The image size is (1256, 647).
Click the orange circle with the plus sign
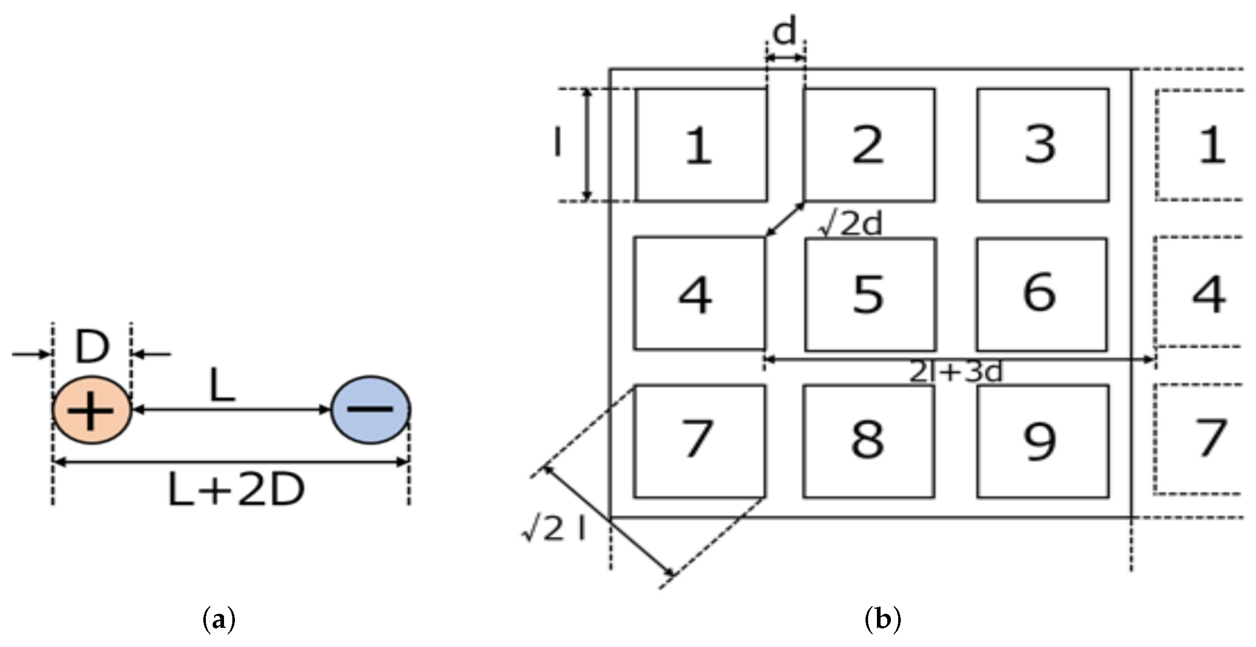(92, 410)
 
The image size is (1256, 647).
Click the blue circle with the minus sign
(371, 410)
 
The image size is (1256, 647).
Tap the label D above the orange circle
(92, 346)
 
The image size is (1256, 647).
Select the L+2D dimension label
(236, 490)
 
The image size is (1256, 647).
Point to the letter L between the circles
(222, 386)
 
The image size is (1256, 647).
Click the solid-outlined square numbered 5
(871, 294)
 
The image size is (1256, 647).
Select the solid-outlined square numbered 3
(1043, 145)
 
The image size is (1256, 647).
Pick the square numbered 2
(870, 145)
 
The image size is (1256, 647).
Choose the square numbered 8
(869, 441)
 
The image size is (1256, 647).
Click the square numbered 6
(1042, 294)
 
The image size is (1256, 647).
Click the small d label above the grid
(785, 32)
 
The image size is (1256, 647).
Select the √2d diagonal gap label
(850, 224)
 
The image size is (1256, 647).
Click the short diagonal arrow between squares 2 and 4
(785, 219)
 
